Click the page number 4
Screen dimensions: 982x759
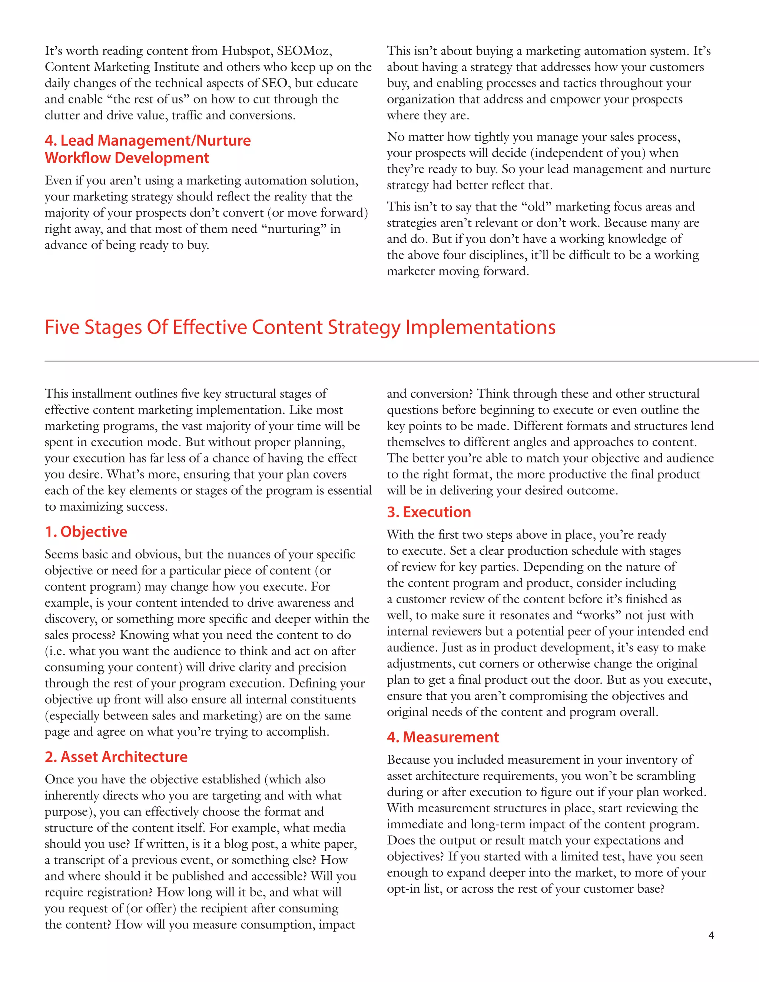tap(711, 935)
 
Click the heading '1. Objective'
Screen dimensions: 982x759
tap(86, 531)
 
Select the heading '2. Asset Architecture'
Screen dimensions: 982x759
tap(116, 757)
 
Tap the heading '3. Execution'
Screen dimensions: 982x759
tap(429, 512)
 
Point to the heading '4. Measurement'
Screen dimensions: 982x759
tap(443, 737)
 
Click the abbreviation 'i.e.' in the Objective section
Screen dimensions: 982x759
tap(55, 651)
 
